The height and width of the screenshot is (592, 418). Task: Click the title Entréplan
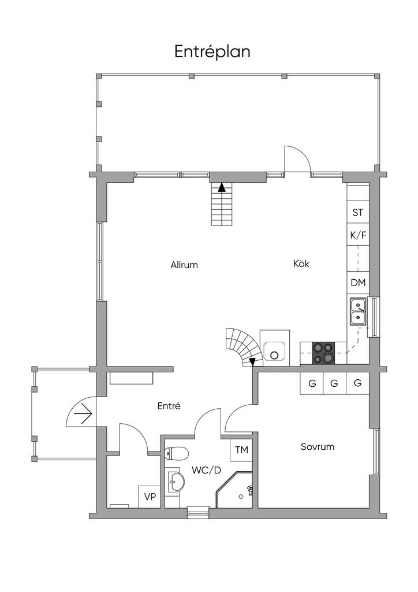[212, 52]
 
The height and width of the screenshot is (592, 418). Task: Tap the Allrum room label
[184, 265]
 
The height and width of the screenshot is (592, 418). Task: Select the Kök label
[301, 264]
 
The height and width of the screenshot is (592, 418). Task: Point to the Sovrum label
[318, 447]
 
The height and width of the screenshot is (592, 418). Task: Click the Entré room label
[169, 406]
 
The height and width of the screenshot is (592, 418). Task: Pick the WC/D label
[207, 470]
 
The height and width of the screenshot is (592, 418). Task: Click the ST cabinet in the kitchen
[357, 213]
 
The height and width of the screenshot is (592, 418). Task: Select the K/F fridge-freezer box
[357, 235]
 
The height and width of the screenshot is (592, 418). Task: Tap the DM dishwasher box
[357, 283]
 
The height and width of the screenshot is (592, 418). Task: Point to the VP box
[150, 497]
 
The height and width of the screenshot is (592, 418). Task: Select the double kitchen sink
[359, 311]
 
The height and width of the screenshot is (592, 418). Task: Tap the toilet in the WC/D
[176, 453]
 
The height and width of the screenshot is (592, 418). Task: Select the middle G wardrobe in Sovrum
[334, 383]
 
